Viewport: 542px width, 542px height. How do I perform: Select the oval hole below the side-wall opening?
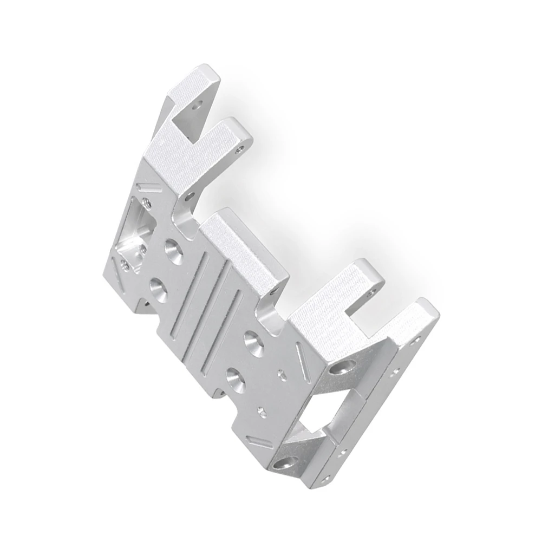[x=286, y=463]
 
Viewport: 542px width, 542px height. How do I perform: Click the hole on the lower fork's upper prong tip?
[x=371, y=290]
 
